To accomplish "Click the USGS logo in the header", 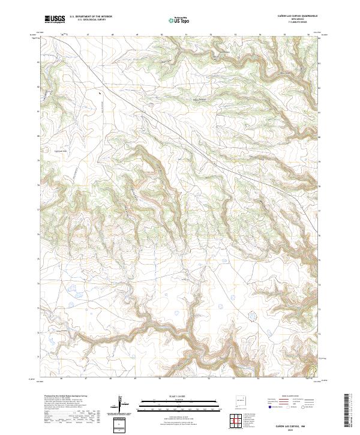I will [x=55, y=19].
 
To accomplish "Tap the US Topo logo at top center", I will [x=177, y=20].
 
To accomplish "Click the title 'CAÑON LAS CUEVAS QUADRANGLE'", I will [x=293, y=16].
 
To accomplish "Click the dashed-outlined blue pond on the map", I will [x=252, y=315].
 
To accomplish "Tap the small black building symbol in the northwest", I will [x=99, y=94].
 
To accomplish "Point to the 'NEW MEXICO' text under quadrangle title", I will [x=293, y=19].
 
